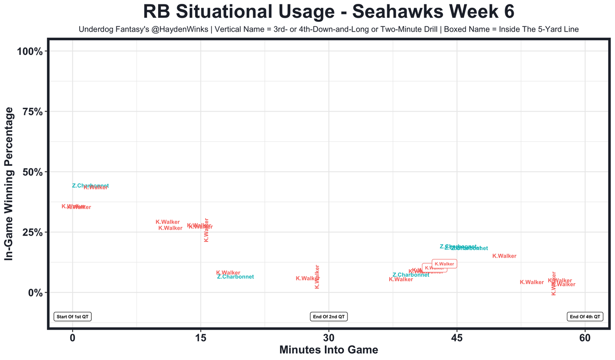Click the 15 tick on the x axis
pos(200,337)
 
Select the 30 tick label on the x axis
pos(329,337)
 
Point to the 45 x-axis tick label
pos(457,337)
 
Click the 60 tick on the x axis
pos(585,337)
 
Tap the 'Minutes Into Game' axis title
pos(329,350)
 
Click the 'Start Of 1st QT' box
pos(73,317)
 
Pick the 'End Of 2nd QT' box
pos(329,317)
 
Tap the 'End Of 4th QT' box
pos(585,317)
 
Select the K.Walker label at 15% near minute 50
pos(504,256)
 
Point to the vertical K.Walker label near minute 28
pos(317,276)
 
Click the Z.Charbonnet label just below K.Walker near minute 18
pos(235,277)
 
